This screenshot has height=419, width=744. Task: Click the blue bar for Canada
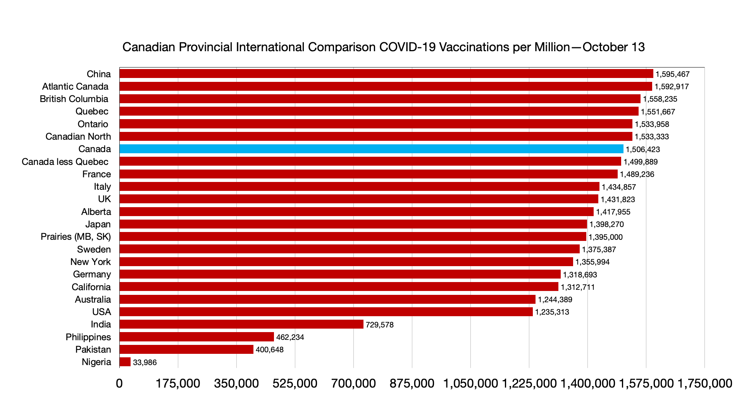pyautogui.click(x=371, y=149)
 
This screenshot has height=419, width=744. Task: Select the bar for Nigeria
pyautogui.click(x=125, y=362)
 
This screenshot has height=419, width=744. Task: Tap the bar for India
pyautogui.click(x=241, y=324)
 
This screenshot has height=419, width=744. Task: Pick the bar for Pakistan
pyautogui.click(x=186, y=350)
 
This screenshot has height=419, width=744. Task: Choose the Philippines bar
pyautogui.click(x=196, y=337)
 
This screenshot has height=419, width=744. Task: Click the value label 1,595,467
pyautogui.click(x=672, y=74)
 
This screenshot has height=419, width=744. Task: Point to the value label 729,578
pyautogui.click(x=379, y=325)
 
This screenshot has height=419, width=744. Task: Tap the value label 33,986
pyautogui.click(x=145, y=362)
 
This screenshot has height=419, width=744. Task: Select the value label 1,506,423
pyautogui.click(x=642, y=149)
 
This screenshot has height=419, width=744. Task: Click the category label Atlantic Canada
pyautogui.click(x=75, y=87)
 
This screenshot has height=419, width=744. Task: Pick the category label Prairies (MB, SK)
pyautogui.click(x=76, y=237)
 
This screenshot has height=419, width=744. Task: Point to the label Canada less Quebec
pyautogui.click(x=65, y=162)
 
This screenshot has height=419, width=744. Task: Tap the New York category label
pyautogui.click(x=90, y=262)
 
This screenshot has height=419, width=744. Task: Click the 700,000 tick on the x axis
pyautogui.click(x=353, y=383)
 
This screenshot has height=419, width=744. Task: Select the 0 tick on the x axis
pyautogui.click(x=119, y=383)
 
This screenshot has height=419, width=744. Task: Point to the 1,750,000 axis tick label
pyautogui.click(x=704, y=383)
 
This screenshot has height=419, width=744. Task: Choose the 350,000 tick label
pyautogui.click(x=236, y=383)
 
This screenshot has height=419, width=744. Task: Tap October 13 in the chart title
pyautogui.click(x=613, y=47)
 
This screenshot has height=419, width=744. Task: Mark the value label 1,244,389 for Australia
pyautogui.click(x=555, y=300)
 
